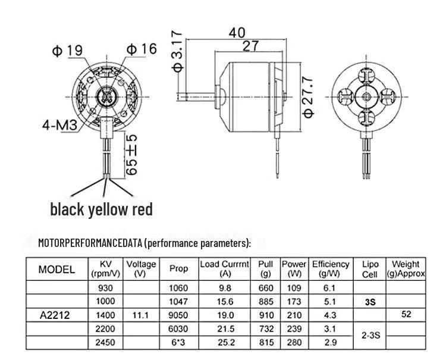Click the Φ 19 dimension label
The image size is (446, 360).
click(67, 51)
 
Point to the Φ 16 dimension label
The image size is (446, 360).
click(142, 49)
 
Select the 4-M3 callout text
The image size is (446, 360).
click(59, 124)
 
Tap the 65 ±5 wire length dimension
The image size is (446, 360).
click(131, 155)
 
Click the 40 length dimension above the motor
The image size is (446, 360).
click(237, 33)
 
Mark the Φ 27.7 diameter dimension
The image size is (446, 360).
click(308, 97)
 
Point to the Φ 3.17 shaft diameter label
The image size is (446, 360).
click(177, 51)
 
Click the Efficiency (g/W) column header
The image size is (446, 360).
click(331, 268)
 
